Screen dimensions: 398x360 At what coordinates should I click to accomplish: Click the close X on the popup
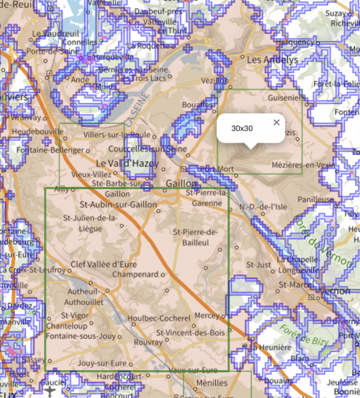[276, 123]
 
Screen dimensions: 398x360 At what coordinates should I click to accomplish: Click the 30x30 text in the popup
[242, 128]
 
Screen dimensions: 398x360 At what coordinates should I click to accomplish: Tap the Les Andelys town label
[272, 60]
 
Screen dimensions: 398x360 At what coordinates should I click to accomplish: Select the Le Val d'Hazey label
[127, 163]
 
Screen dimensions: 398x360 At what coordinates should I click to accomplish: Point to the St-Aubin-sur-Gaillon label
[119, 204]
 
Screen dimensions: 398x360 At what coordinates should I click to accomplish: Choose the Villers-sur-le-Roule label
[117, 134]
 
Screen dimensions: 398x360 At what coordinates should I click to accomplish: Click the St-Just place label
[259, 265]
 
